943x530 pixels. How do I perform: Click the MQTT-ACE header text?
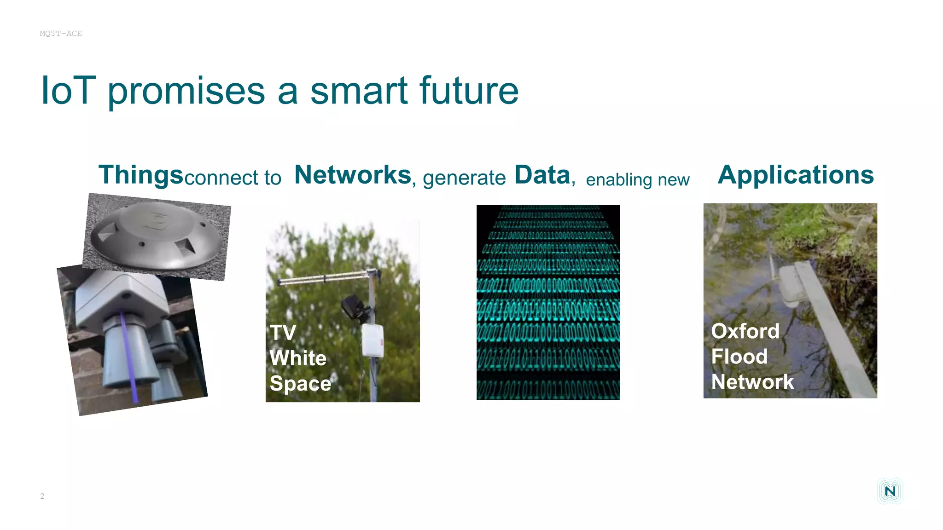tap(61, 34)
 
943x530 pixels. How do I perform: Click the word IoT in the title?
tap(68, 91)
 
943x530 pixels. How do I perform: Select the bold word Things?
tap(141, 175)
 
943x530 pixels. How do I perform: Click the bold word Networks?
tap(353, 175)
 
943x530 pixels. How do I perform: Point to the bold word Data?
tap(542, 175)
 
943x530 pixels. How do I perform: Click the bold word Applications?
tap(796, 175)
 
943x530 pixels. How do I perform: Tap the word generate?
tap(464, 178)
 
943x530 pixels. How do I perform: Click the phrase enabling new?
tap(638, 180)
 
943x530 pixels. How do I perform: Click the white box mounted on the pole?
tap(373, 340)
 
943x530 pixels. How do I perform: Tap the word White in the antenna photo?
tap(298, 358)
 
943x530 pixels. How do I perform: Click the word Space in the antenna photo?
tap(300, 384)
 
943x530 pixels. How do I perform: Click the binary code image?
tap(548, 302)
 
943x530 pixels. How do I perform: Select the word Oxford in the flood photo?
tap(745, 331)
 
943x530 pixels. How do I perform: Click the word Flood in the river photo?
tap(739, 357)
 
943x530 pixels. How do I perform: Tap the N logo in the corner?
tap(890, 491)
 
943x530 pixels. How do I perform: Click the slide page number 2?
tap(42, 496)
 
